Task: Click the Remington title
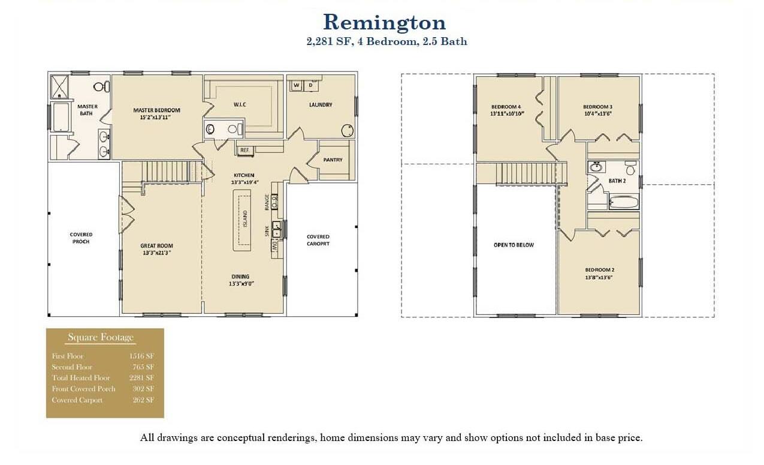(x=384, y=23)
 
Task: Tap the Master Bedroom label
(x=156, y=110)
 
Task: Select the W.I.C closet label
(x=240, y=105)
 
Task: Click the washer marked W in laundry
(x=297, y=86)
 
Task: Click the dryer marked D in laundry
(x=310, y=86)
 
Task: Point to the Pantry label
(x=333, y=160)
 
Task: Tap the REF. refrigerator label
(x=244, y=150)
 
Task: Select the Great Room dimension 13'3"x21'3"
(x=156, y=253)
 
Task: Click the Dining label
(x=240, y=277)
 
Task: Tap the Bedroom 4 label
(x=506, y=107)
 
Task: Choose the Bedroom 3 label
(x=597, y=107)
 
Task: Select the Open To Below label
(x=514, y=245)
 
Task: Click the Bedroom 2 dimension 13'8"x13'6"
(x=599, y=277)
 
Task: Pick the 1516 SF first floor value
(x=141, y=356)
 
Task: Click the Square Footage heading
(x=101, y=337)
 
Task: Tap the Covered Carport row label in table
(x=77, y=400)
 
